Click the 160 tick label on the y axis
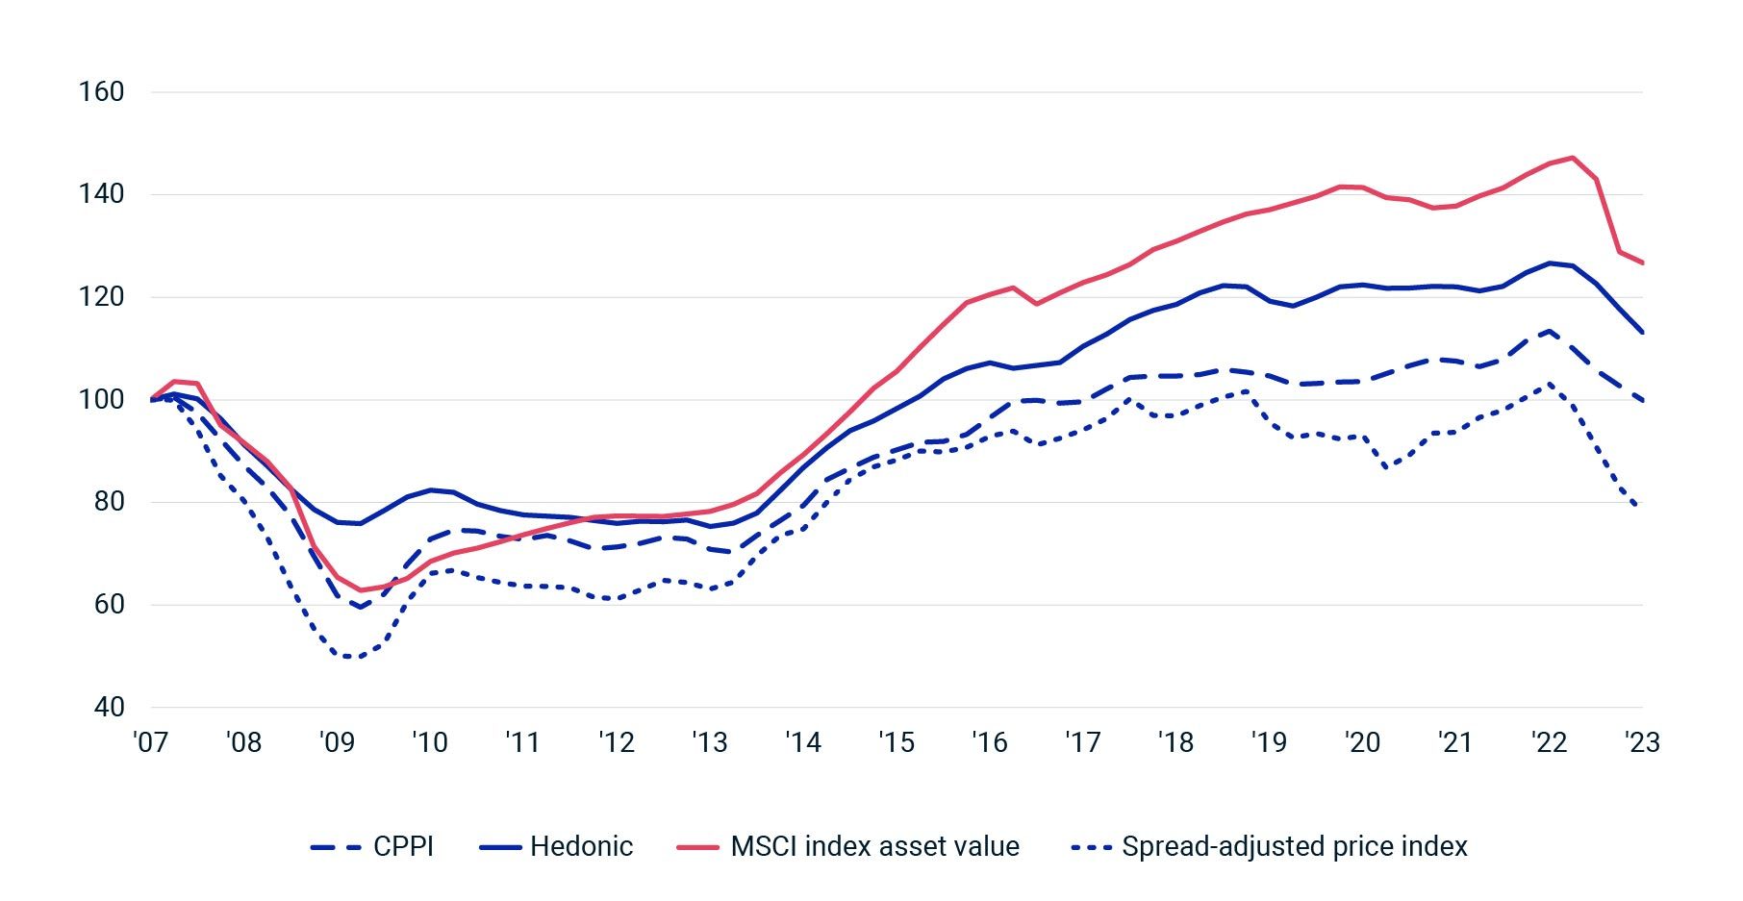pos(101,92)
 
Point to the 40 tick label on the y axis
pos(109,707)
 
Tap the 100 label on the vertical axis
pos(101,399)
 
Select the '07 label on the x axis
pos(150,742)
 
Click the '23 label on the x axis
pos(1641,742)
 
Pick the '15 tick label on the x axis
pos(896,742)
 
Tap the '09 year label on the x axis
pos(337,742)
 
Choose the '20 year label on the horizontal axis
pos(1361,742)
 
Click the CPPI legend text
pos(403,846)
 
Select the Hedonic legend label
pos(581,846)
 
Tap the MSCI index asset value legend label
pos(874,846)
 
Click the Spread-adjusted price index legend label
pos(1294,846)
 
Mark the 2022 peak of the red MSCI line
pos(1572,158)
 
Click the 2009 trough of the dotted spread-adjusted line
pos(348,657)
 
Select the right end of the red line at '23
pos(1642,263)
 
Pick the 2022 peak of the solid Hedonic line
pos(1550,263)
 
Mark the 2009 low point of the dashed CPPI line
pos(360,607)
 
